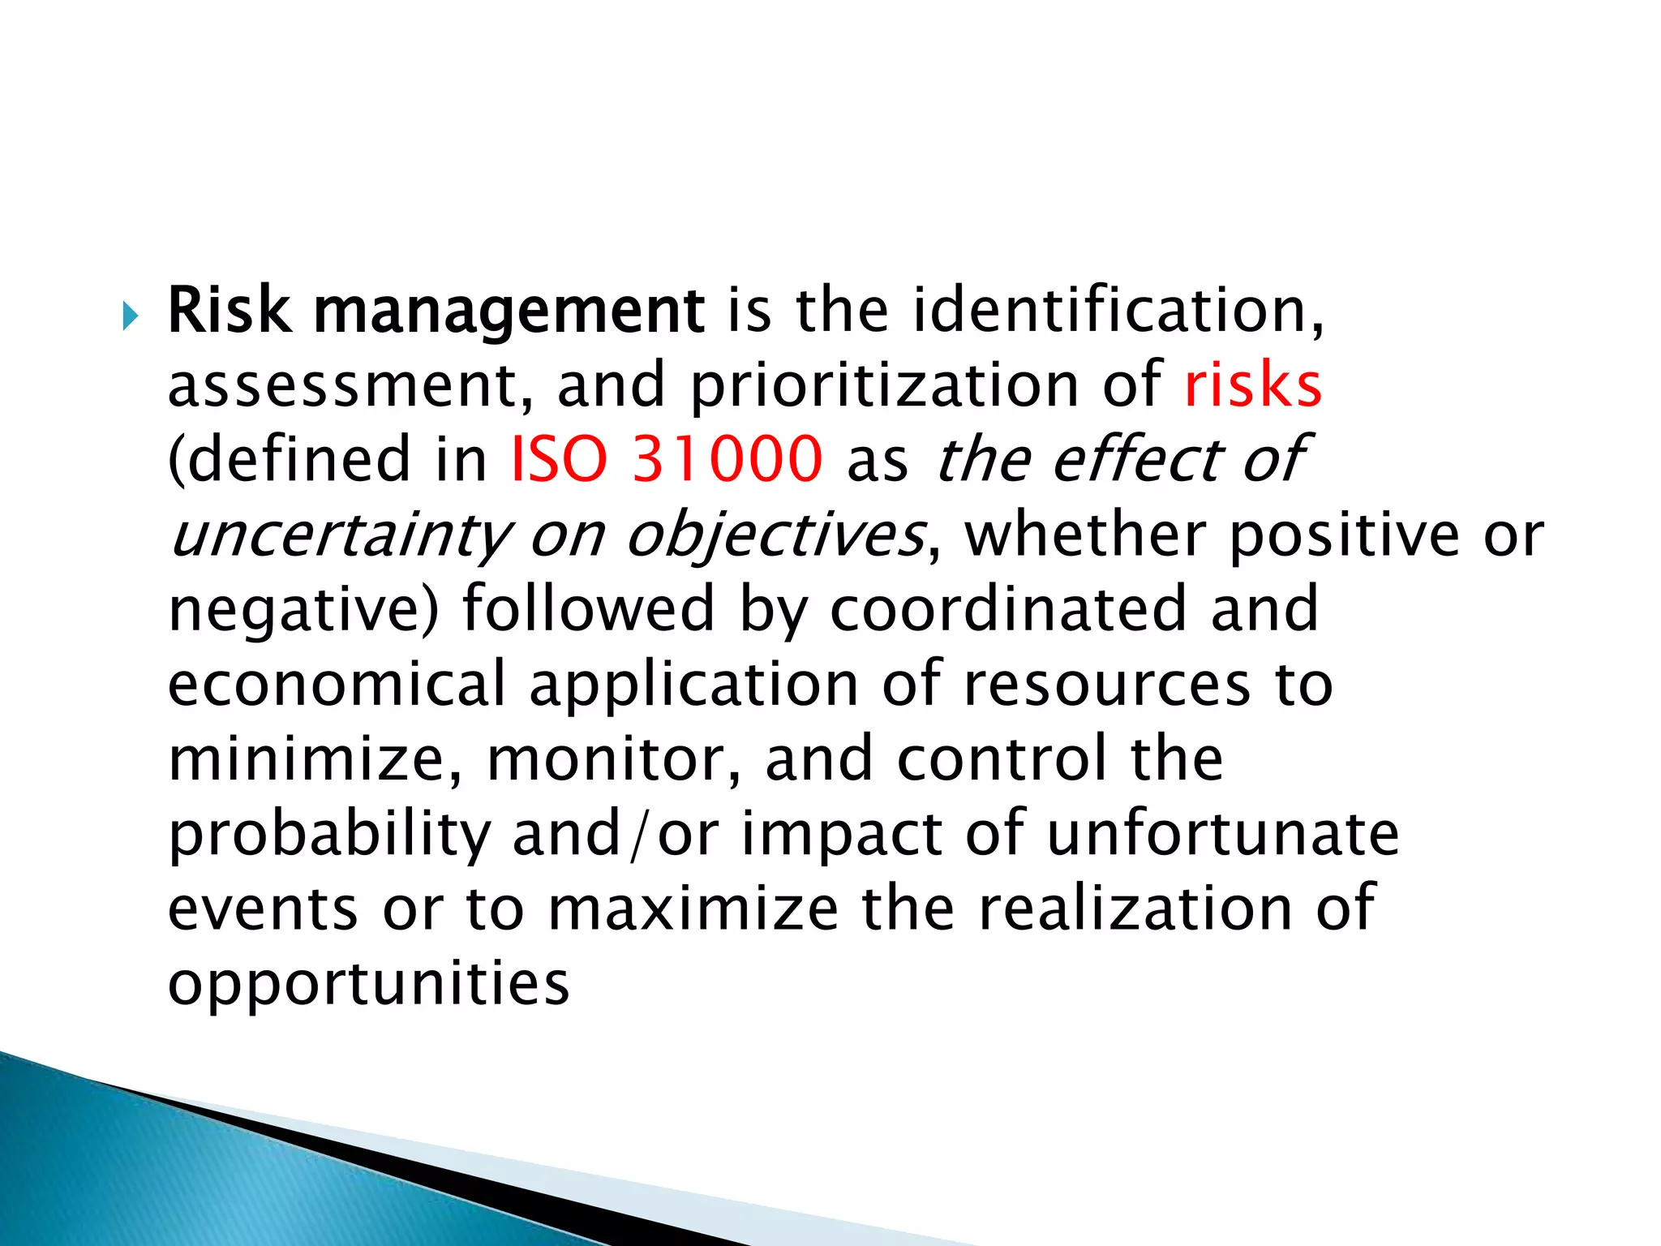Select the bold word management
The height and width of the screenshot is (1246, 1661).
509,313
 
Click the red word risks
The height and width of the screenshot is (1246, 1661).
1253,385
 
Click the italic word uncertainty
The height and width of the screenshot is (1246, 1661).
341,536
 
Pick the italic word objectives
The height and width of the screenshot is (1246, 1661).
775,536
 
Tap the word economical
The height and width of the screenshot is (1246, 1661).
337,684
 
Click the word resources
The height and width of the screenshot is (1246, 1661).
1107,684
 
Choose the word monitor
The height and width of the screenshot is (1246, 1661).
613,759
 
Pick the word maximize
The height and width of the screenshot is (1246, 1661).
693,909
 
